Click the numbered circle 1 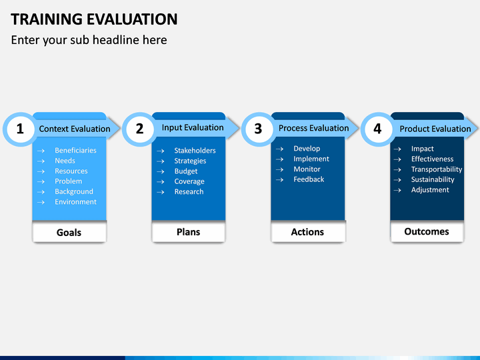pos(20,129)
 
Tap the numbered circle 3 pos(259,129)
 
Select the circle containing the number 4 pos(378,129)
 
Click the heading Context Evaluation pos(75,129)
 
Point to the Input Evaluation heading pos(193,127)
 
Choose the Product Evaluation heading pos(435,129)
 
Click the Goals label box pos(69,232)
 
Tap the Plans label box pos(188,232)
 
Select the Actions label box pos(307,232)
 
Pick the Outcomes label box pos(427,232)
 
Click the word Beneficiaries pos(75,150)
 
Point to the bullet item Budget pos(186,171)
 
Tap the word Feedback pos(309,179)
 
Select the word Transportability pos(437,169)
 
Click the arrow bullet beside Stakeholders pos(161,151)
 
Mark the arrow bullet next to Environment pos(41,203)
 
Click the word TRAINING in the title pos(45,19)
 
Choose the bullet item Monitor pos(307,169)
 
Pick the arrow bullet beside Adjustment pos(397,191)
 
